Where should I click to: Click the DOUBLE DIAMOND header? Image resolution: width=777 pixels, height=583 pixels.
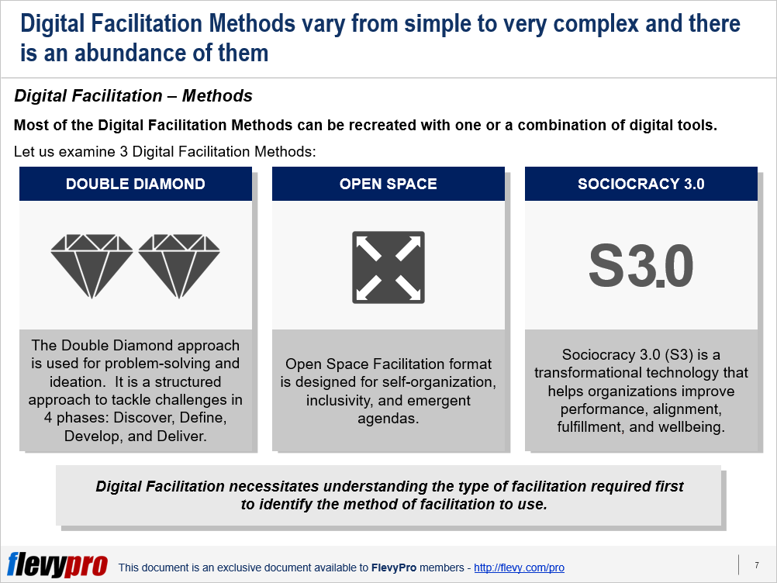click(135, 184)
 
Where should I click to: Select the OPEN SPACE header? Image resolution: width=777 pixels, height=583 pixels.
click(388, 184)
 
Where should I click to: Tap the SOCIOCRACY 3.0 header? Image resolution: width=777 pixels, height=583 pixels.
click(641, 184)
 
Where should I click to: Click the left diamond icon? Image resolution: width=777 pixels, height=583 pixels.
click(92, 266)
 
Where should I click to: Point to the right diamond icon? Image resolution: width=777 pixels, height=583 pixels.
click(179, 266)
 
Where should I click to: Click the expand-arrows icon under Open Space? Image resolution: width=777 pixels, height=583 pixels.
click(388, 267)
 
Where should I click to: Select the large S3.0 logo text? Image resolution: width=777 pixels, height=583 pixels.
click(641, 266)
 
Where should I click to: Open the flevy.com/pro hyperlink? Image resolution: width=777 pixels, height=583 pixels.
click(519, 567)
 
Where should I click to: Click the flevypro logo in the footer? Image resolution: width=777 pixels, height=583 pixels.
click(57, 564)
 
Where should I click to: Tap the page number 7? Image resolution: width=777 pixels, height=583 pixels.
click(757, 565)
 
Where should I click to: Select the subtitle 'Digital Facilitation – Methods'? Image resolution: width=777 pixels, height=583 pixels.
click(133, 95)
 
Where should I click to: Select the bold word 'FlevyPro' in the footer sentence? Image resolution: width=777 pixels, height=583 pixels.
click(393, 567)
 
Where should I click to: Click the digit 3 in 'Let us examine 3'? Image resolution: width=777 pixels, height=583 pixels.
click(124, 152)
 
